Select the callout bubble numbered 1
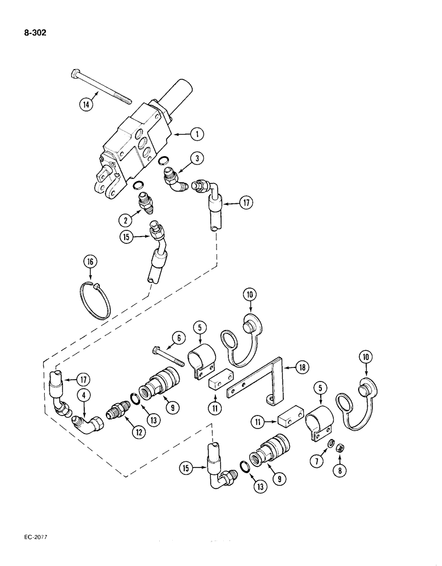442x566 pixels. click(x=196, y=134)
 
